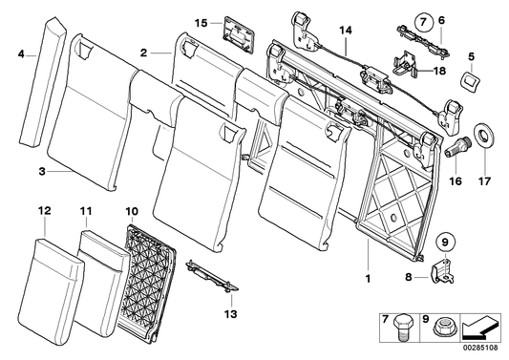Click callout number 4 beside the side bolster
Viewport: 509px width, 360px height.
(x=21, y=56)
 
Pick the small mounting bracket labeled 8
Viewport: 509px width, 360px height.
(x=445, y=273)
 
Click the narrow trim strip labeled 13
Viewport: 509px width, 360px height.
(x=213, y=276)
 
